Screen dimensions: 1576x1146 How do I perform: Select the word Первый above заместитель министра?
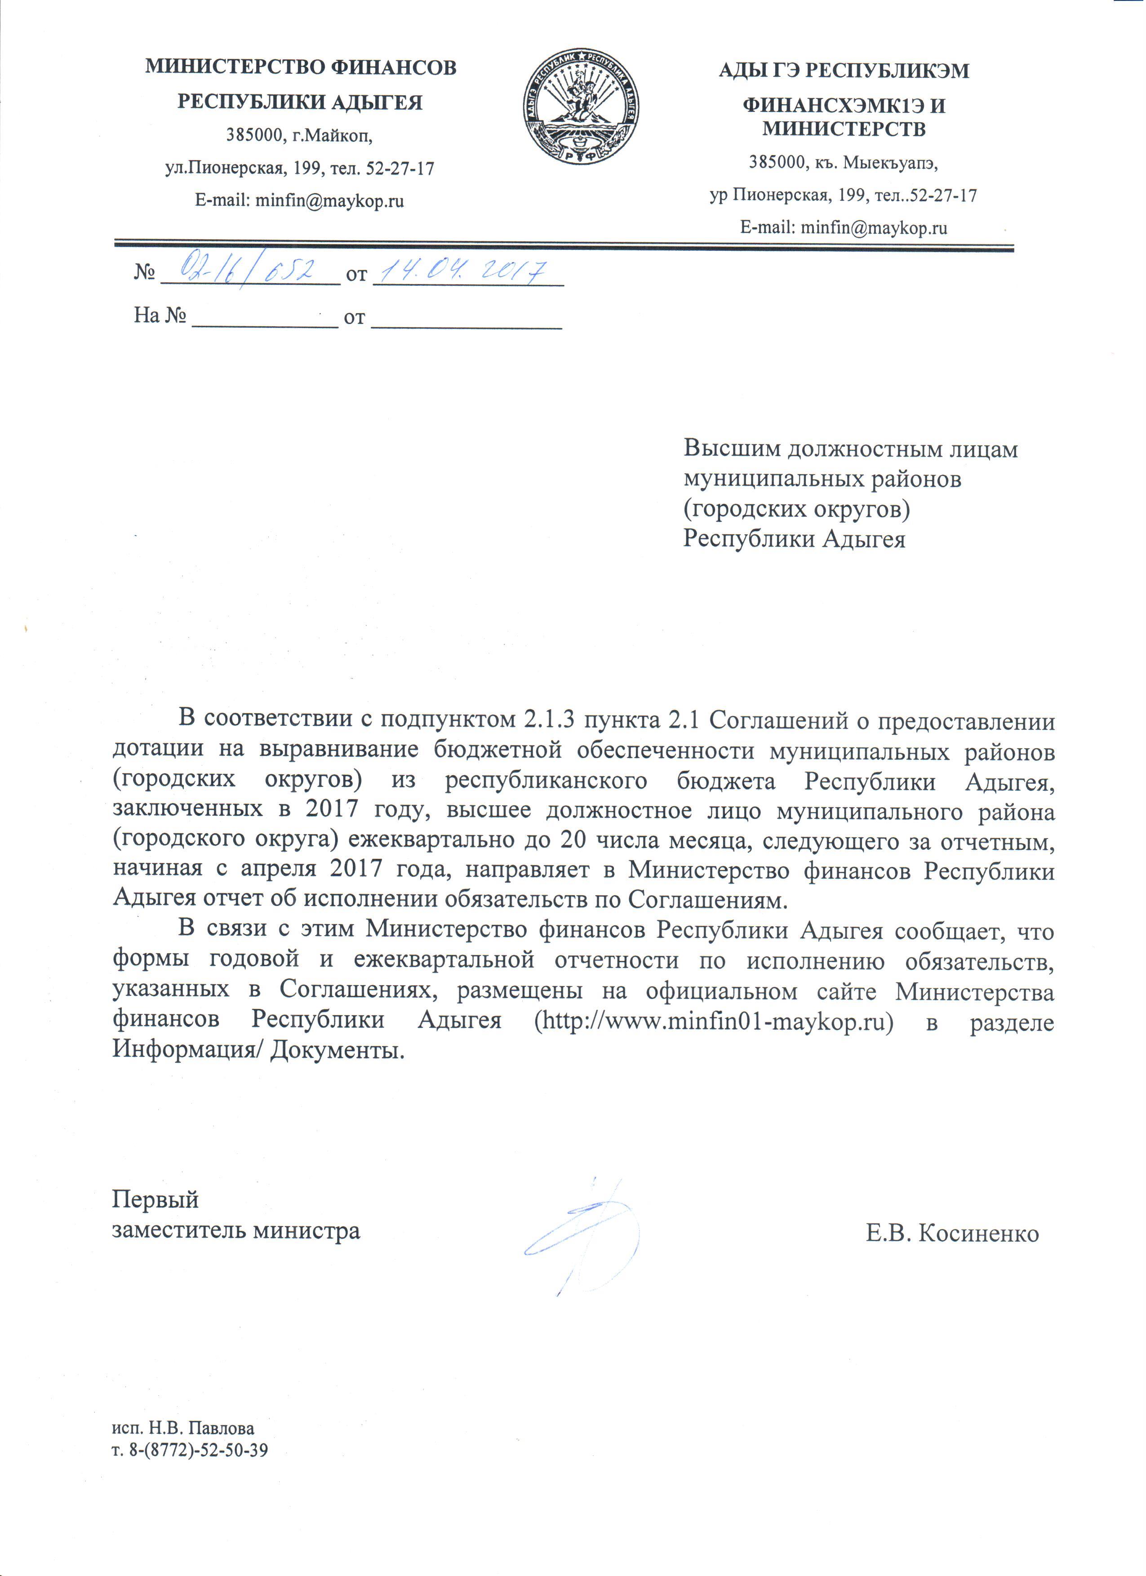click(155, 1199)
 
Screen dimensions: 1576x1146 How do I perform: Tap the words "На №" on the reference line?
click(160, 317)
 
